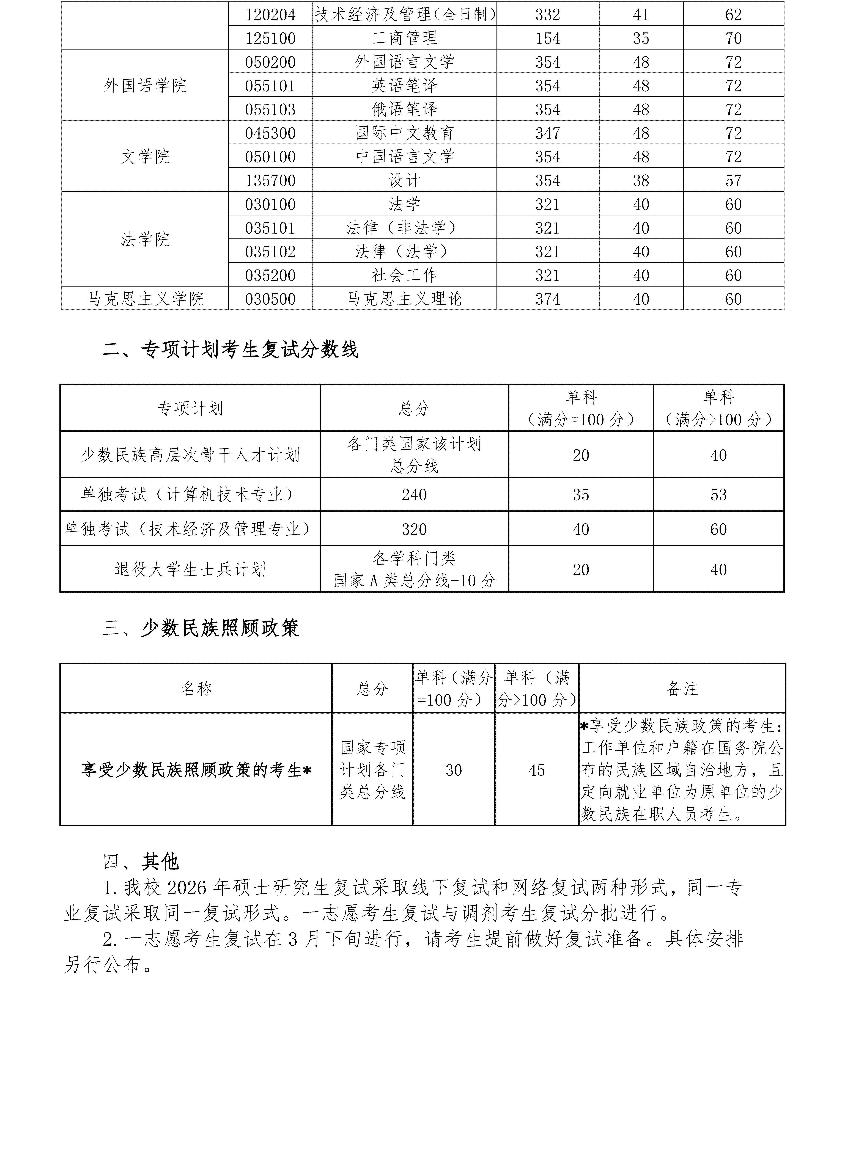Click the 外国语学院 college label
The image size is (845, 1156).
click(x=145, y=85)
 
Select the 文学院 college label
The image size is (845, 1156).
click(x=145, y=156)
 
